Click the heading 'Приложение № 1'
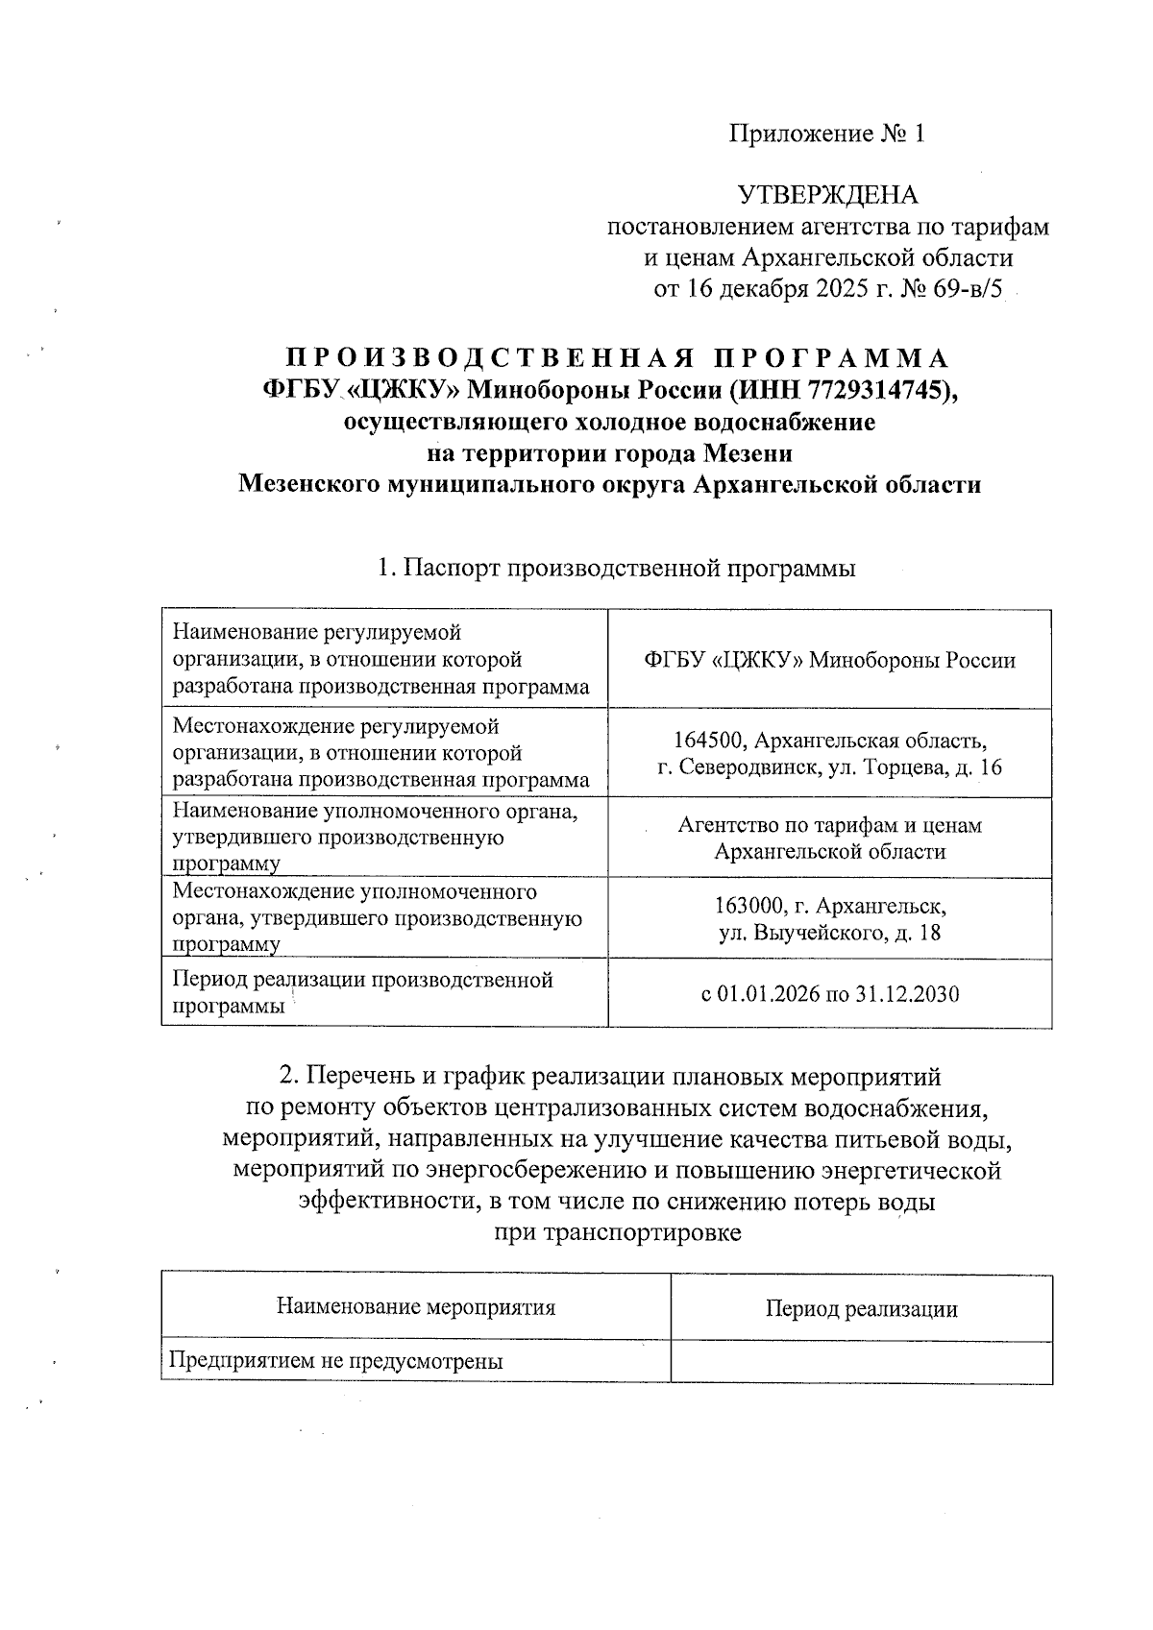click(827, 134)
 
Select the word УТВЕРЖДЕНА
click(827, 196)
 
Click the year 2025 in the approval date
click(843, 289)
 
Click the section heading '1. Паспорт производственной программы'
click(617, 569)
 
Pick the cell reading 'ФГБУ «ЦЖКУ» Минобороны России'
click(830, 660)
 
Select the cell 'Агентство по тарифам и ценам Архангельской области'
click(830, 839)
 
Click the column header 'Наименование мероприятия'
click(416, 1307)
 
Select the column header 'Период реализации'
click(861, 1308)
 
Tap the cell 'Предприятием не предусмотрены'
click(336, 1361)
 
